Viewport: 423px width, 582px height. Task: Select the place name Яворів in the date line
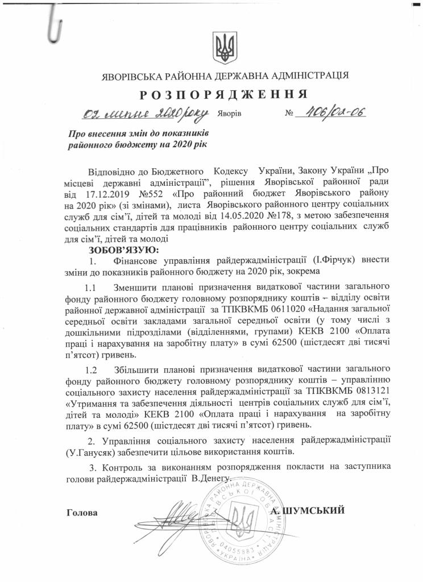230,114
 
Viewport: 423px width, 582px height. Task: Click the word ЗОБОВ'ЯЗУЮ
125,250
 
